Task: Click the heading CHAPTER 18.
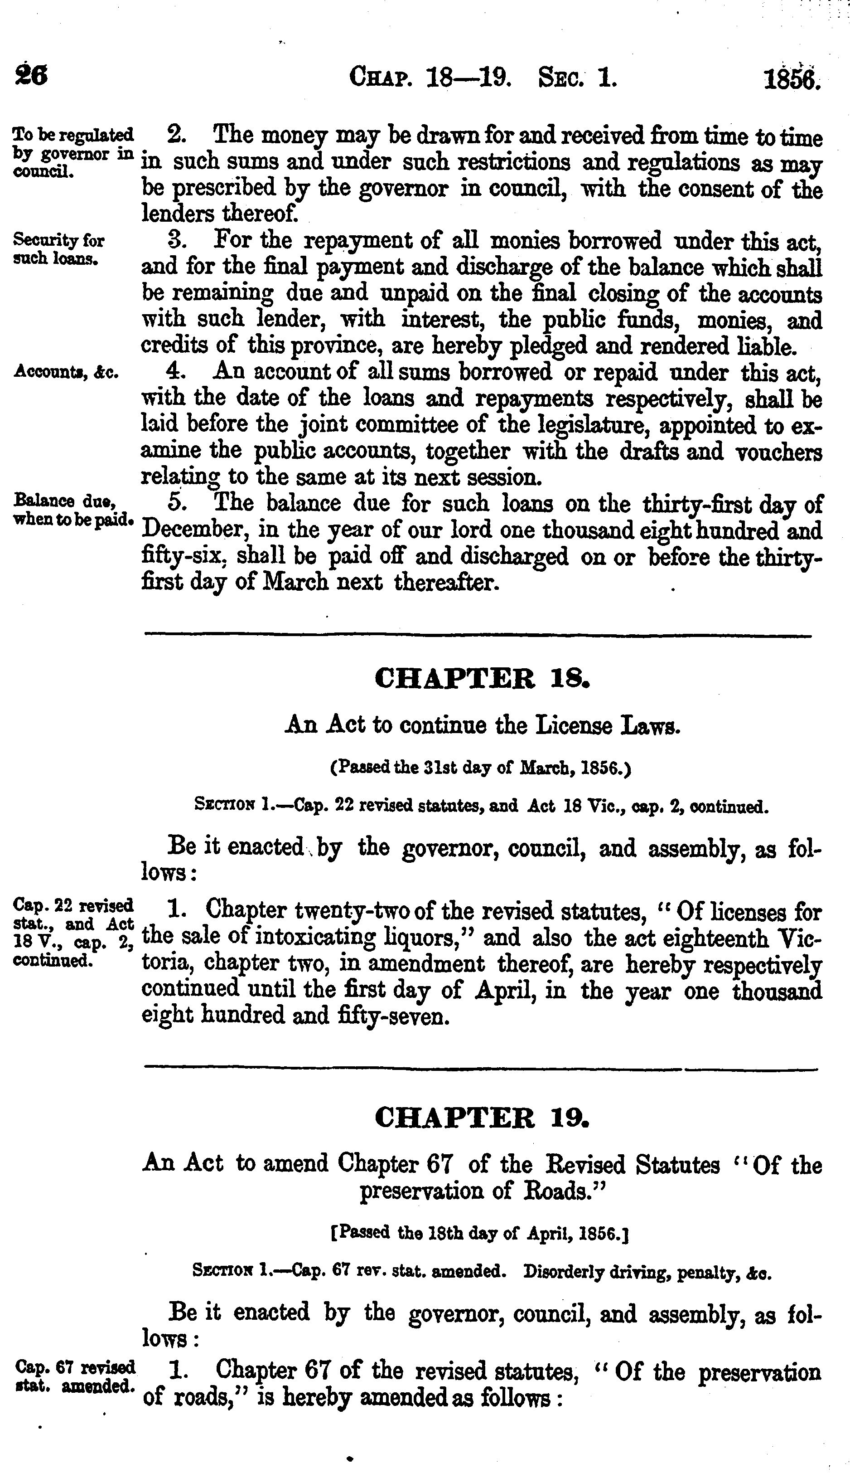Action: click(x=482, y=679)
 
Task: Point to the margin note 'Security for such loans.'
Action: click(x=58, y=249)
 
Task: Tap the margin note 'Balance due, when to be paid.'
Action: click(x=73, y=510)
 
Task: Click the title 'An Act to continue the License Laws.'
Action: click(x=482, y=725)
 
